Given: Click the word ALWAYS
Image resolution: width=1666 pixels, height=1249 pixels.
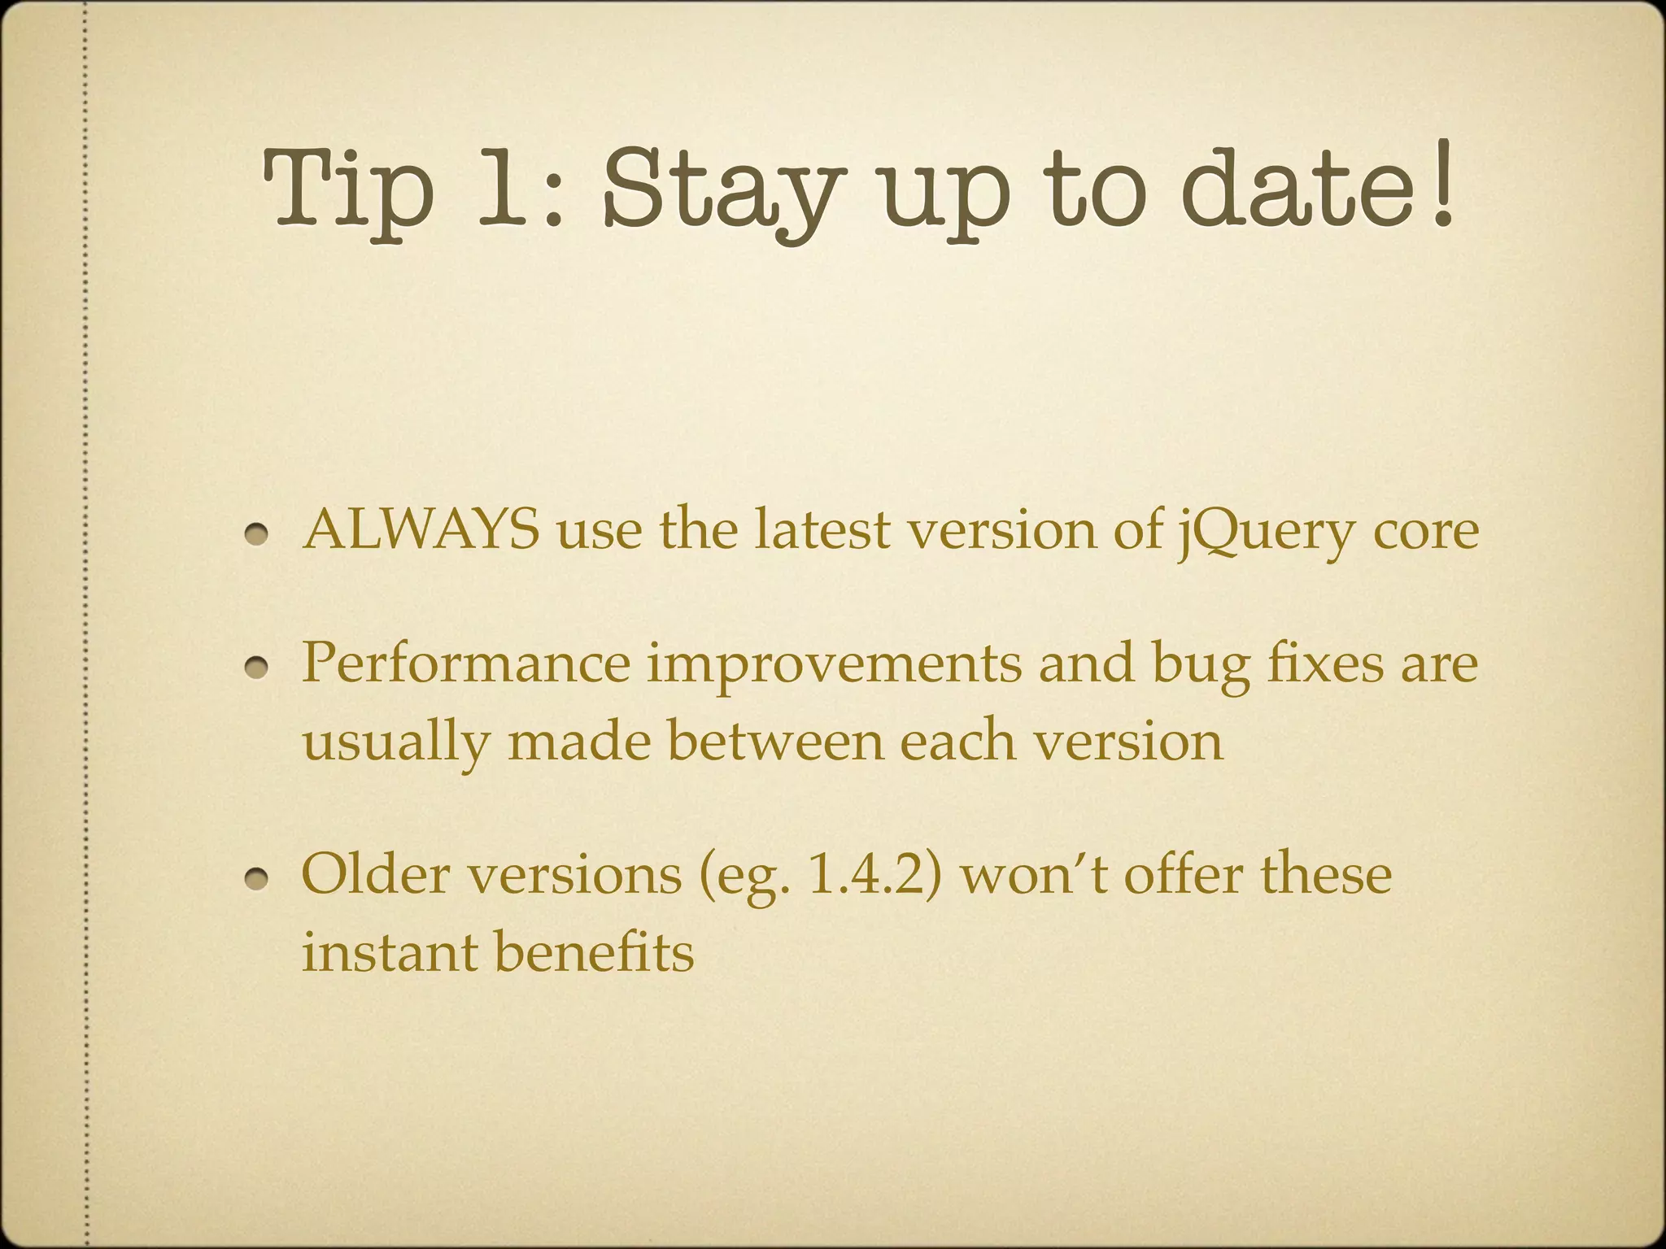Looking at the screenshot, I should pos(421,530).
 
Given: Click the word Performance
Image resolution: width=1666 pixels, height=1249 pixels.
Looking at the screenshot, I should pos(465,663).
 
